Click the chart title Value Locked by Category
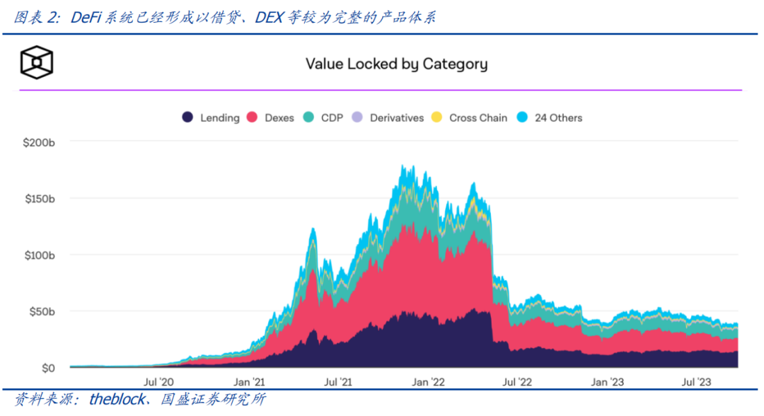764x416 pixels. tap(396, 64)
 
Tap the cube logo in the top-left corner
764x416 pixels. tap(37, 64)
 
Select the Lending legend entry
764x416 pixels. tap(212, 117)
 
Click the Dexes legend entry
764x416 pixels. tap(271, 117)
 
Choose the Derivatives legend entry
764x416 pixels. tap(388, 117)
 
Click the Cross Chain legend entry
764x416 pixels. tap(470, 117)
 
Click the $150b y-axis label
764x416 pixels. tap(40, 198)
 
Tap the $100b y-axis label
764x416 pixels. tap(40, 255)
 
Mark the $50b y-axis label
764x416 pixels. tap(41, 311)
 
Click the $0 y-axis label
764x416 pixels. tap(46, 368)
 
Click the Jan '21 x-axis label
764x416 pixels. tap(249, 382)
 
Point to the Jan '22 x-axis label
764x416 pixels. tap(428, 382)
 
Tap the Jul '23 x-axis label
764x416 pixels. tap(697, 382)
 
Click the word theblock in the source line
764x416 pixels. tap(115, 400)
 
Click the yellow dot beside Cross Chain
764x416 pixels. tap(436, 117)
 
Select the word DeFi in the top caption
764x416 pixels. tap(86, 18)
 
